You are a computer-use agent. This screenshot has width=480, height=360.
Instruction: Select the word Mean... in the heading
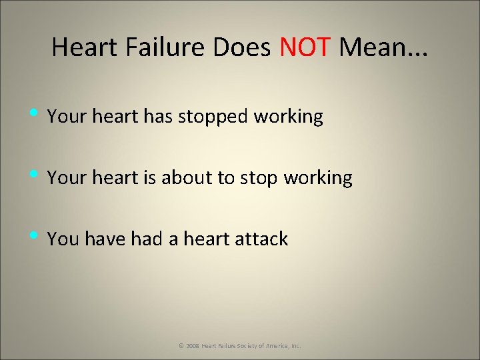tap(384, 48)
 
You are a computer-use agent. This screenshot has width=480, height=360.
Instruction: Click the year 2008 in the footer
tap(192, 346)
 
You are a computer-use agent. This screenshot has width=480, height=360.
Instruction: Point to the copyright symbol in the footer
tap(181, 346)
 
